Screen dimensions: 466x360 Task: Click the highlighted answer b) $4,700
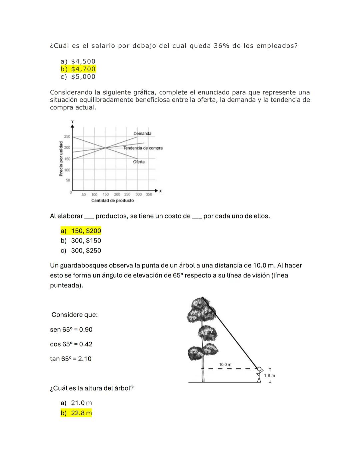tap(78, 69)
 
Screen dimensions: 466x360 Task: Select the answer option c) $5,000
tap(78, 77)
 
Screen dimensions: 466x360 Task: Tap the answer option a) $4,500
tap(78, 61)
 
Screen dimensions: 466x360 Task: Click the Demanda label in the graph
tap(142, 133)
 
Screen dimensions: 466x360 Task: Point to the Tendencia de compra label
tap(143, 148)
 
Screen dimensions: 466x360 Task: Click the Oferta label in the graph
tap(139, 162)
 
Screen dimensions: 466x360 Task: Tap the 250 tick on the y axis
tap(67, 136)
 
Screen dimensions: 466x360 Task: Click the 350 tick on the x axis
tap(149, 194)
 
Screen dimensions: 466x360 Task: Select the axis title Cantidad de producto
tap(112, 200)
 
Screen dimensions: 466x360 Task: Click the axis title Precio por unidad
tap(61, 159)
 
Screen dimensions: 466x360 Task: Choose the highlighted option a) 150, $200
tap(81, 231)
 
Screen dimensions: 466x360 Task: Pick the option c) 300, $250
tap(81, 251)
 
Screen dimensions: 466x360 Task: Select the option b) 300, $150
tap(81, 241)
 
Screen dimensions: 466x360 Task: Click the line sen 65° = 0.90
tap(71, 330)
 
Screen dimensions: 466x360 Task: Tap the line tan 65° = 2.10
tap(71, 359)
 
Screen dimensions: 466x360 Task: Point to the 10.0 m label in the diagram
tap(225, 365)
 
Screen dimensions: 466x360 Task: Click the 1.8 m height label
tap(269, 376)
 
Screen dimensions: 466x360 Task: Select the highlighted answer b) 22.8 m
tap(76, 413)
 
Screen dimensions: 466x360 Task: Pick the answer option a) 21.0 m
tap(76, 403)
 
